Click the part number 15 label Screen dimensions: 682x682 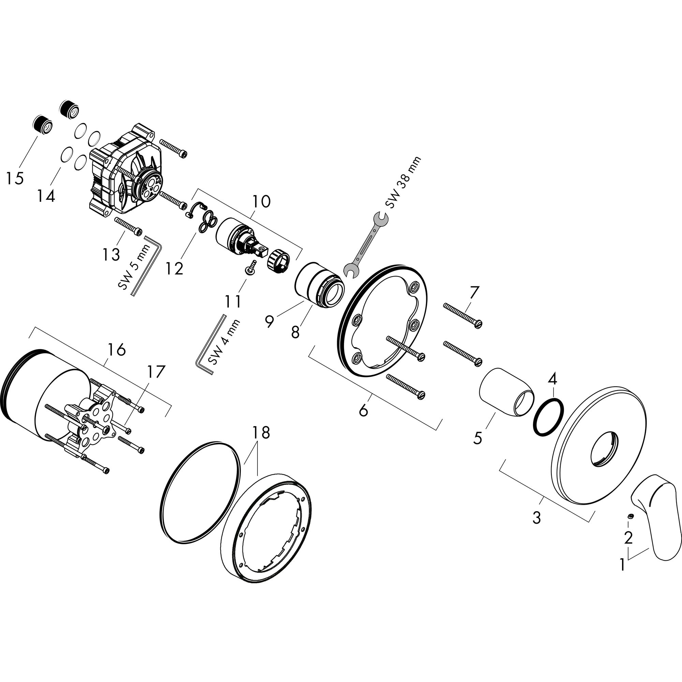point(15,178)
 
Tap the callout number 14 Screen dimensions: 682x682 point(46,196)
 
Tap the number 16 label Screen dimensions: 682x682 point(117,350)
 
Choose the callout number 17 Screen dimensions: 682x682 point(156,371)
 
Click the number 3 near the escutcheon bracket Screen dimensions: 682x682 point(536,518)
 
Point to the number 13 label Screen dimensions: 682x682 point(111,254)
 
